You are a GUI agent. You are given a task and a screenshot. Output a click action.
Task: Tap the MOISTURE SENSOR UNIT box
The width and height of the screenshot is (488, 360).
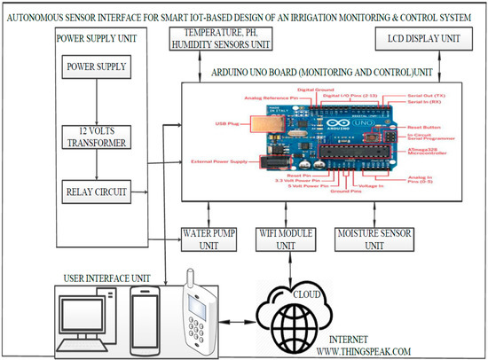(368, 237)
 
